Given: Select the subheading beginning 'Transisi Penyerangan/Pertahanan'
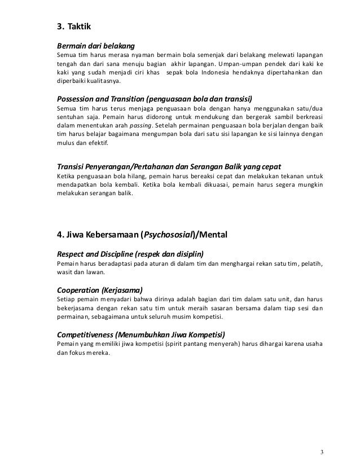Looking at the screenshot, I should click(x=169, y=167).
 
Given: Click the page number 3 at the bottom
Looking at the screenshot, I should click(x=321, y=452).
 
